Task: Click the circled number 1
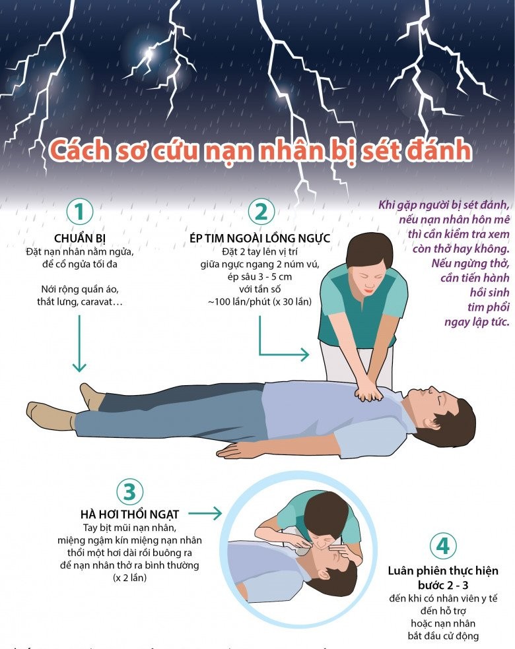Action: coord(80,212)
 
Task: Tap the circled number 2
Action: coord(261,212)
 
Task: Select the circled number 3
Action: coord(129,491)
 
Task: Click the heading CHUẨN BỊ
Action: coord(80,238)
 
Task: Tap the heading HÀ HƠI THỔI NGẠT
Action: coord(129,514)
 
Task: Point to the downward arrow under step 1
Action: coord(79,343)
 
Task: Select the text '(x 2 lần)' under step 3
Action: coord(129,578)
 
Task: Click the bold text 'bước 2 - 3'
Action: coord(443,584)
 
